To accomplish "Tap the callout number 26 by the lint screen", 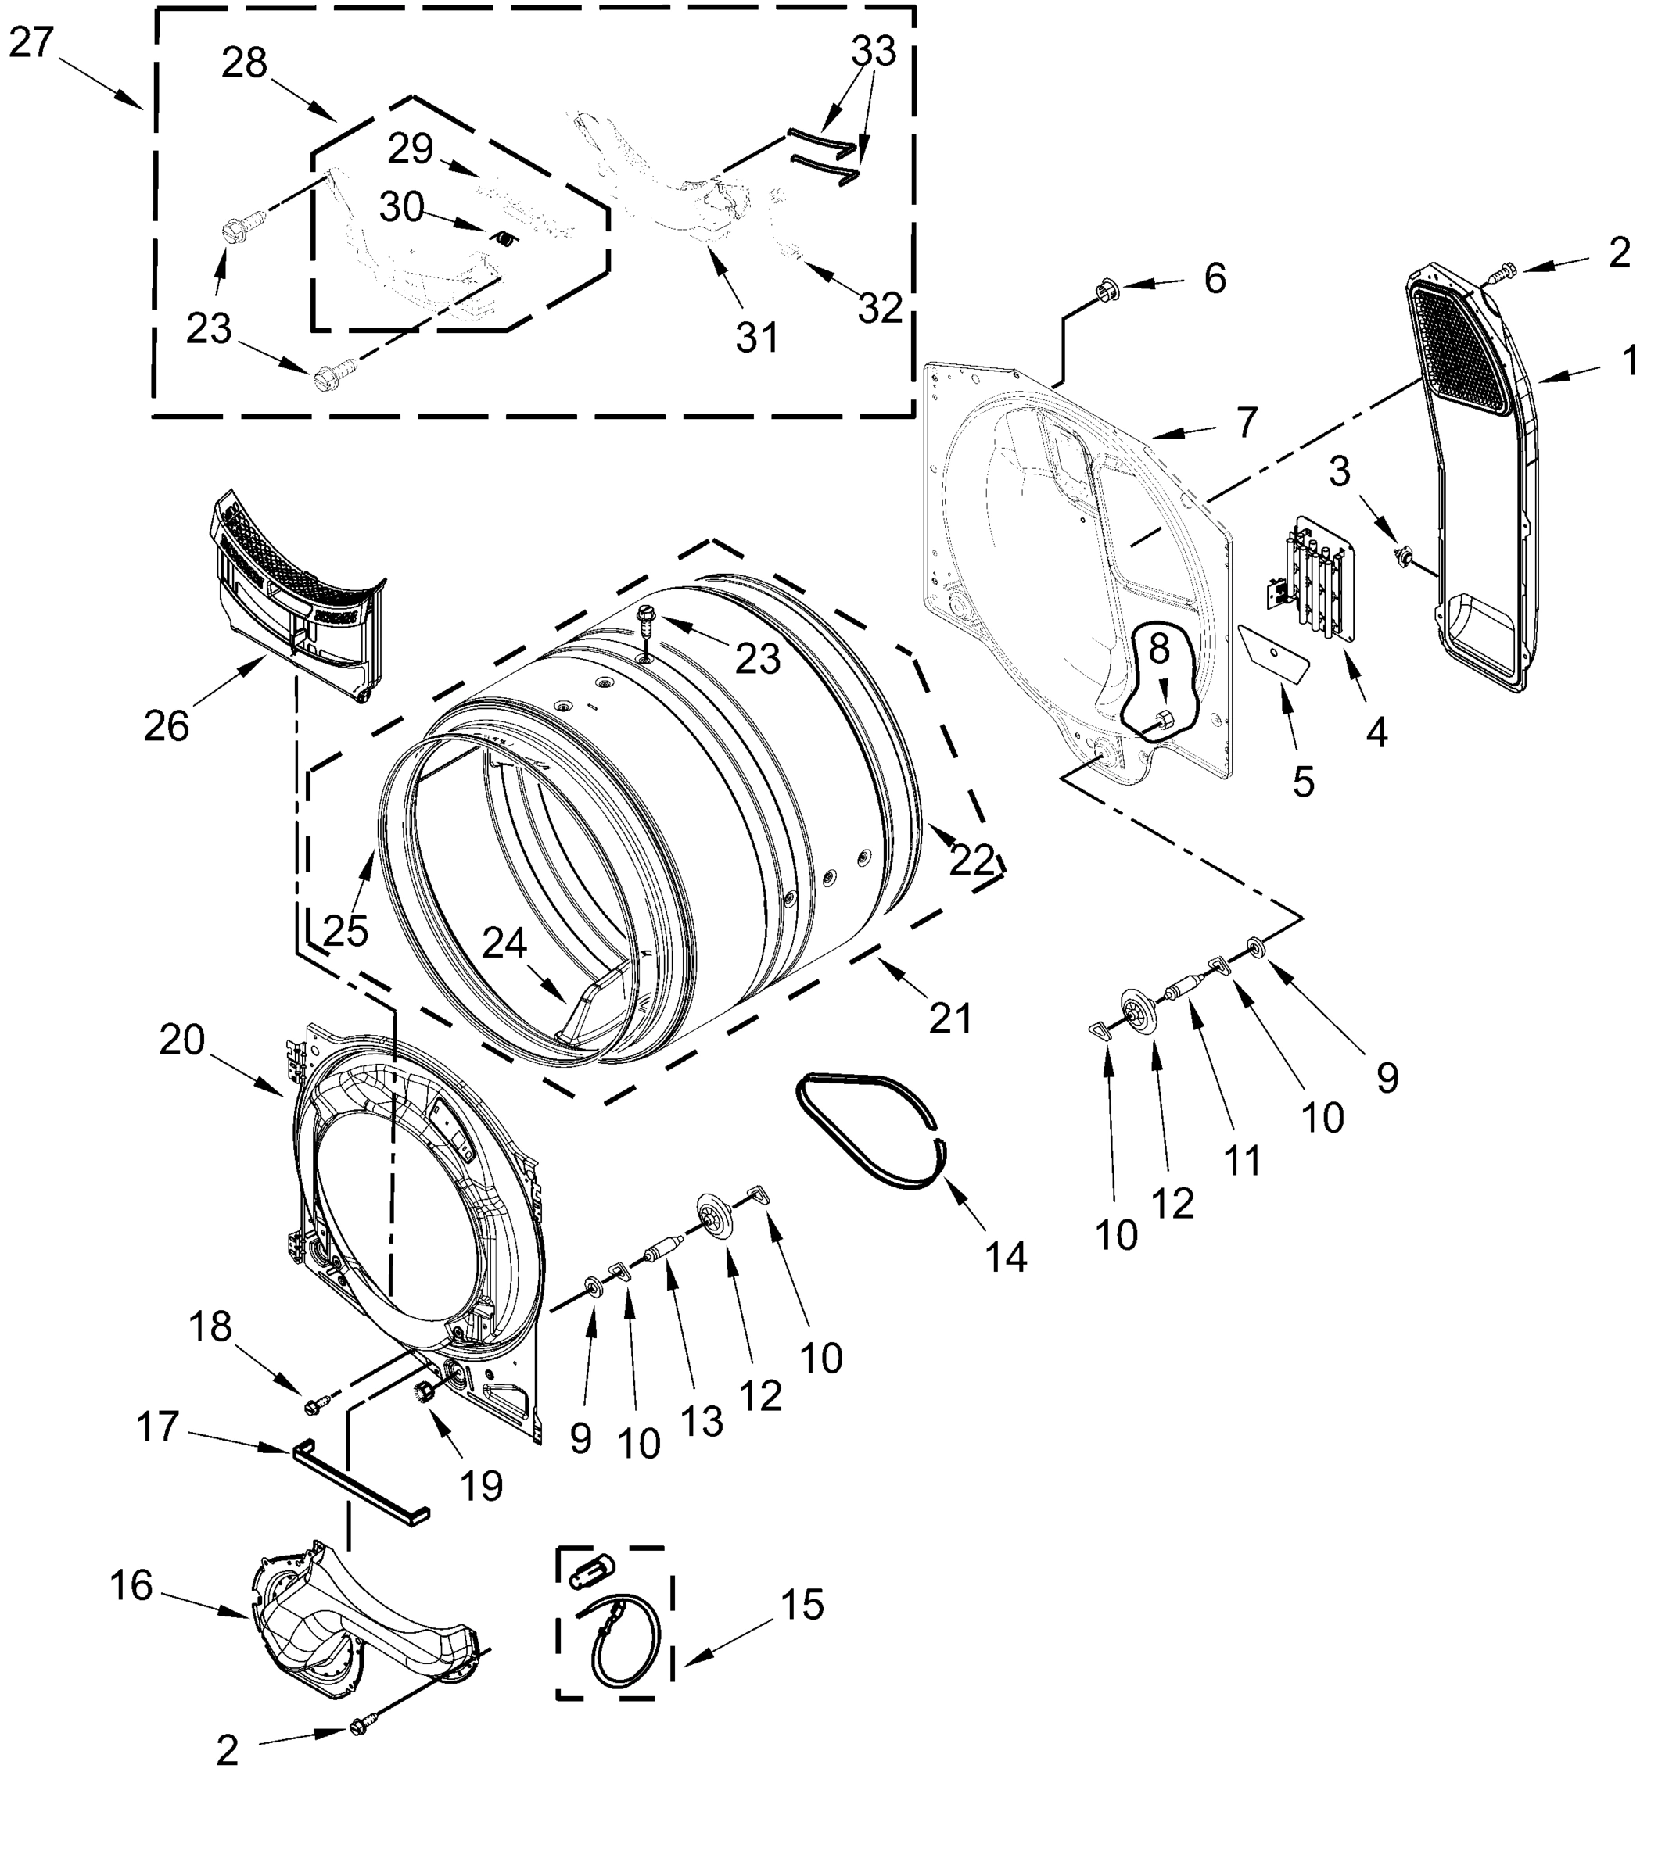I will point(166,727).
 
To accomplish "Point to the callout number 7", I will point(1246,423).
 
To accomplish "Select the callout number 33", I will point(873,52).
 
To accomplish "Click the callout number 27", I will point(32,42).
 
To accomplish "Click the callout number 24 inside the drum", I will point(504,943).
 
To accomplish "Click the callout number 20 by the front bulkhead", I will point(181,1040).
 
